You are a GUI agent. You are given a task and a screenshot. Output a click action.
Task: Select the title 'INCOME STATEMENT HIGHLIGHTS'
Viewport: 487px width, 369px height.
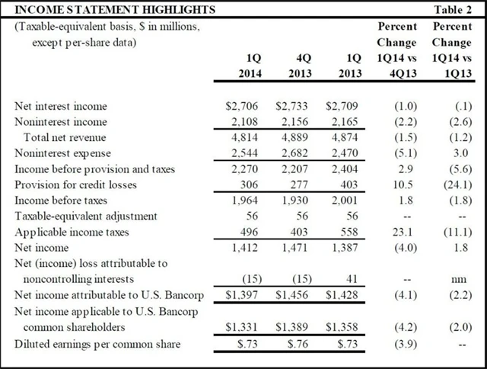pos(110,10)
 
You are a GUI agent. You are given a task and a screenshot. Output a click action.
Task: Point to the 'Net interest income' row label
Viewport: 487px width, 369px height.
pos(62,106)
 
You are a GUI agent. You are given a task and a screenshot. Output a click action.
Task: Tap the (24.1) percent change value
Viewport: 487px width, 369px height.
pos(457,184)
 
